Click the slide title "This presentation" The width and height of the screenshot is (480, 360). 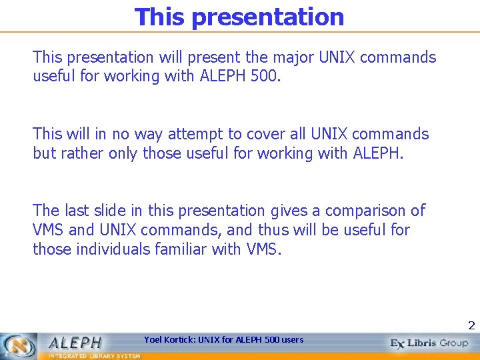pyautogui.click(x=239, y=17)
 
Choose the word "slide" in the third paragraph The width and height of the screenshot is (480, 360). pyautogui.click(x=117, y=211)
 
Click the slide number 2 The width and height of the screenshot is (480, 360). pyautogui.click(x=471, y=326)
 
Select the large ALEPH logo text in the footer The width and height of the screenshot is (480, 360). pyautogui.click(x=75, y=343)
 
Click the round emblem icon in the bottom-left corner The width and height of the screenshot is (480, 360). pyautogui.click(x=19, y=345)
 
